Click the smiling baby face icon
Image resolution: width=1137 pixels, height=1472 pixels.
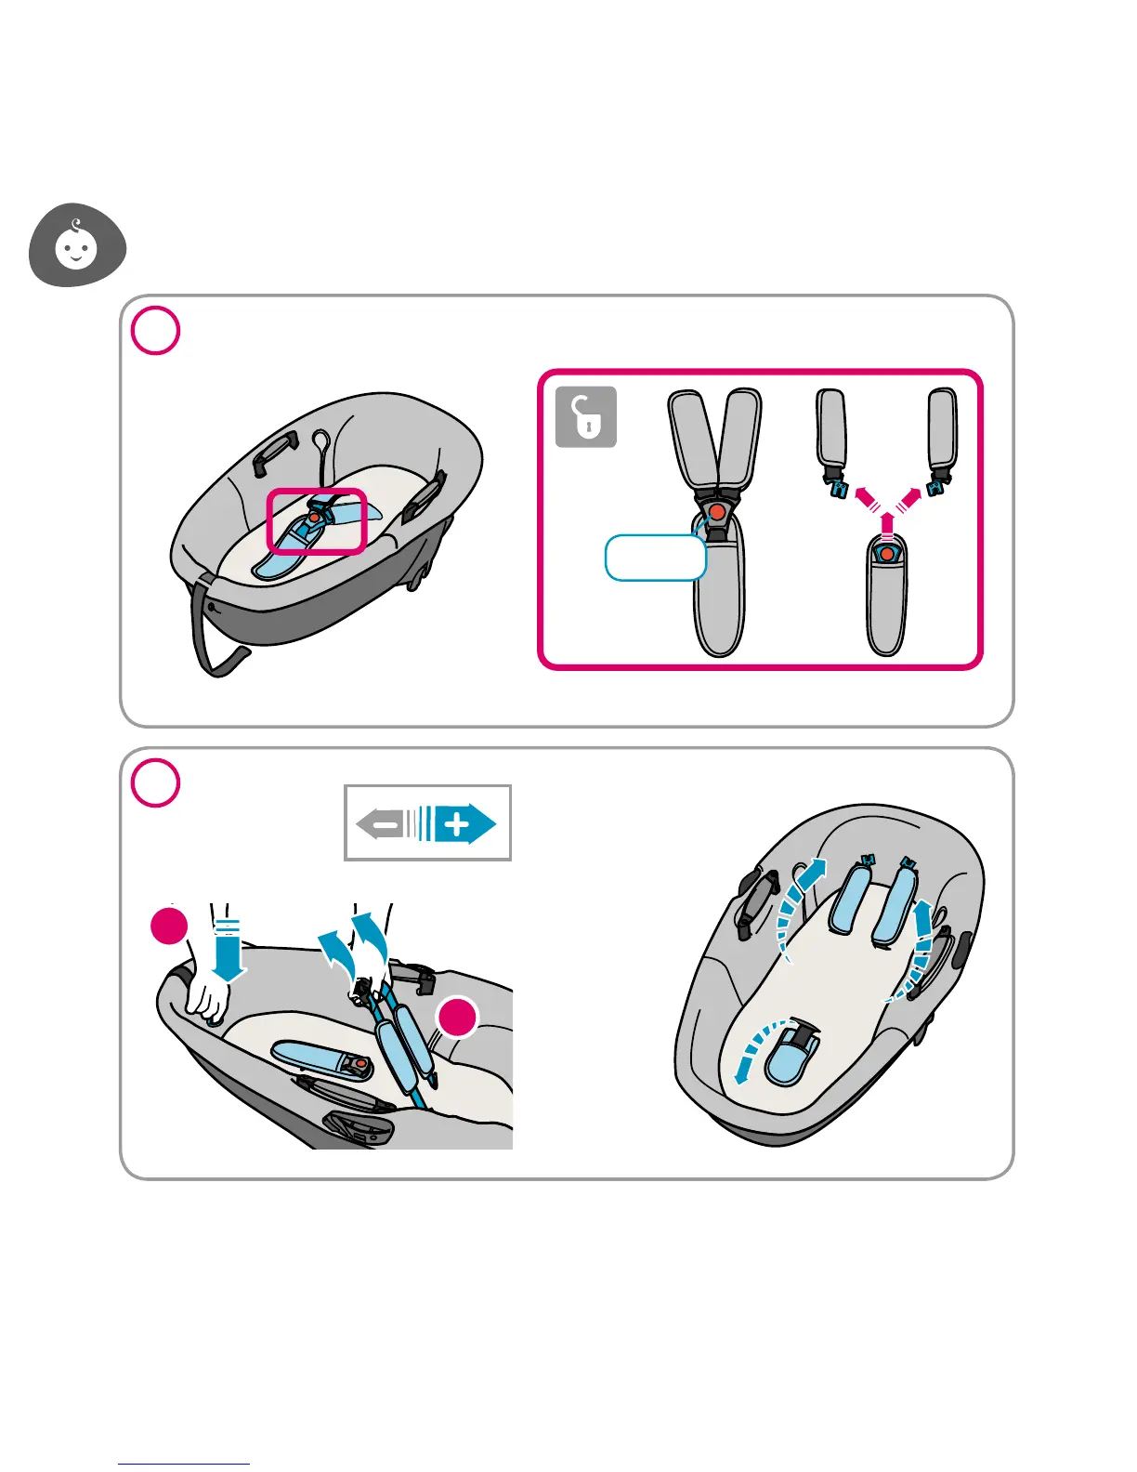coord(76,246)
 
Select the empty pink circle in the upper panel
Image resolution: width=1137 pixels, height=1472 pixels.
coord(155,331)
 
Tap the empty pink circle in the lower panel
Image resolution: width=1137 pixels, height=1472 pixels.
coord(155,782)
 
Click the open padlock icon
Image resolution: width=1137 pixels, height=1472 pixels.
coord(586,416)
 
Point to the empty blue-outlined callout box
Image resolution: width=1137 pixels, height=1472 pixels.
coord(655,558)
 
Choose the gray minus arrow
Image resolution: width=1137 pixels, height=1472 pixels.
coord(387,824)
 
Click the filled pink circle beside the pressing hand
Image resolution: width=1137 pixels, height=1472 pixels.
coord(170,927)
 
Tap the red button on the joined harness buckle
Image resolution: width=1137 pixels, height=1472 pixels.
coord(716,511)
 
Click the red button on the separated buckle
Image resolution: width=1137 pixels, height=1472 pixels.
coord(887,555)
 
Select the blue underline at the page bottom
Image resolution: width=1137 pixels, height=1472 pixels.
coord(184,1464)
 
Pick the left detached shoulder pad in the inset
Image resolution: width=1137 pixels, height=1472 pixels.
coord(832,427)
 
